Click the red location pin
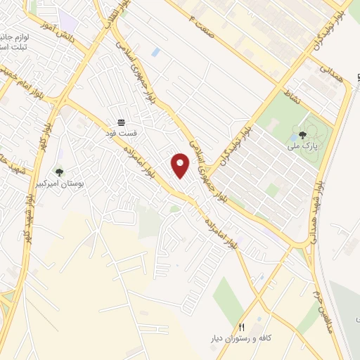pyautogui.click(x=181, y=166)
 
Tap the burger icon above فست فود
pyautogui.click(x=122, y=122)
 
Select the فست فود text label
pyautogui.click(x=122, y=131)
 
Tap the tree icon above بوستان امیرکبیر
pyautogui.click(x=59, y=171)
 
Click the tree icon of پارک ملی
pyautogui.click(x=302, y=134)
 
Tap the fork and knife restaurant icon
pyautogui.click(x=242, y=327)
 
